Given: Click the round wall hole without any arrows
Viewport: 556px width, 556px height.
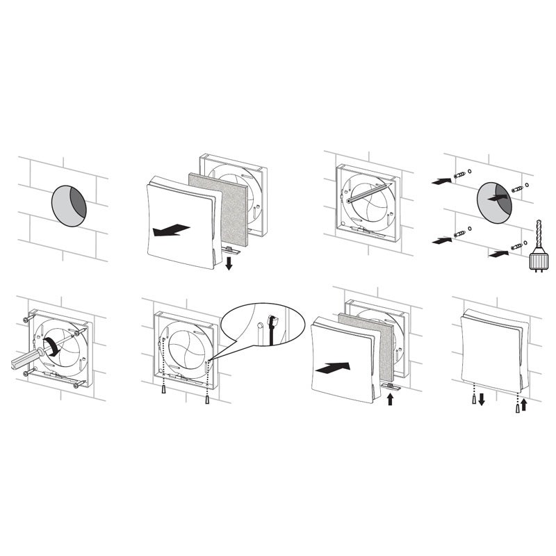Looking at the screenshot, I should pyautogui.click(x=69, y=205).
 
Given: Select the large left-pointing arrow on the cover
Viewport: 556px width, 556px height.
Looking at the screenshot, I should pyautogui.click(x=170, y=229).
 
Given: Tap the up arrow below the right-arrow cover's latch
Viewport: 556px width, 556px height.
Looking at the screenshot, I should pyautogui.click(x=389, y=400).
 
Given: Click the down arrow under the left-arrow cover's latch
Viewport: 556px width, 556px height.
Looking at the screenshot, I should pyautogui.click(x=229, y=262).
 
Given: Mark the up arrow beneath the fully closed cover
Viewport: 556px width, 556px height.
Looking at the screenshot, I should pyautogui.click(x=524, y=403).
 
